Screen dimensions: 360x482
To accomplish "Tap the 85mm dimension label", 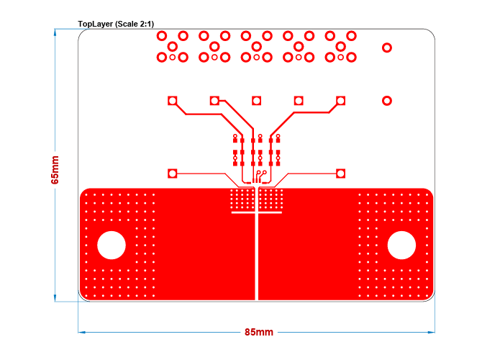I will tap(258, 332).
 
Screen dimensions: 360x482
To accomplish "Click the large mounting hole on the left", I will tap(112, 245).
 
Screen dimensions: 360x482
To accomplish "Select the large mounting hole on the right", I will tap(401, 245).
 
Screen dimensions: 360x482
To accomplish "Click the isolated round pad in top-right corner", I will tap(387, 48).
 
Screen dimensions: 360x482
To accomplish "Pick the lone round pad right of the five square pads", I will tap(387, 101).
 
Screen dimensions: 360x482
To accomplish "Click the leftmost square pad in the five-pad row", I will tap(173, 101).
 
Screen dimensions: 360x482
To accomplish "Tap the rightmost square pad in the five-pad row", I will tap(340, 101).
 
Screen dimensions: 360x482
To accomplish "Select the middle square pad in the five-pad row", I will tap(256, 101).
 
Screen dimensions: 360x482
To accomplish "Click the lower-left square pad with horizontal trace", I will tap(173, 174).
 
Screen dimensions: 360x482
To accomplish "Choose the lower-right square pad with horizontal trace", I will tap(340, 174).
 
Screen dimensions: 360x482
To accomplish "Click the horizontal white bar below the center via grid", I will tap(256, 212).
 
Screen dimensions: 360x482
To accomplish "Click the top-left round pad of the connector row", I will tap(162, 35).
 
